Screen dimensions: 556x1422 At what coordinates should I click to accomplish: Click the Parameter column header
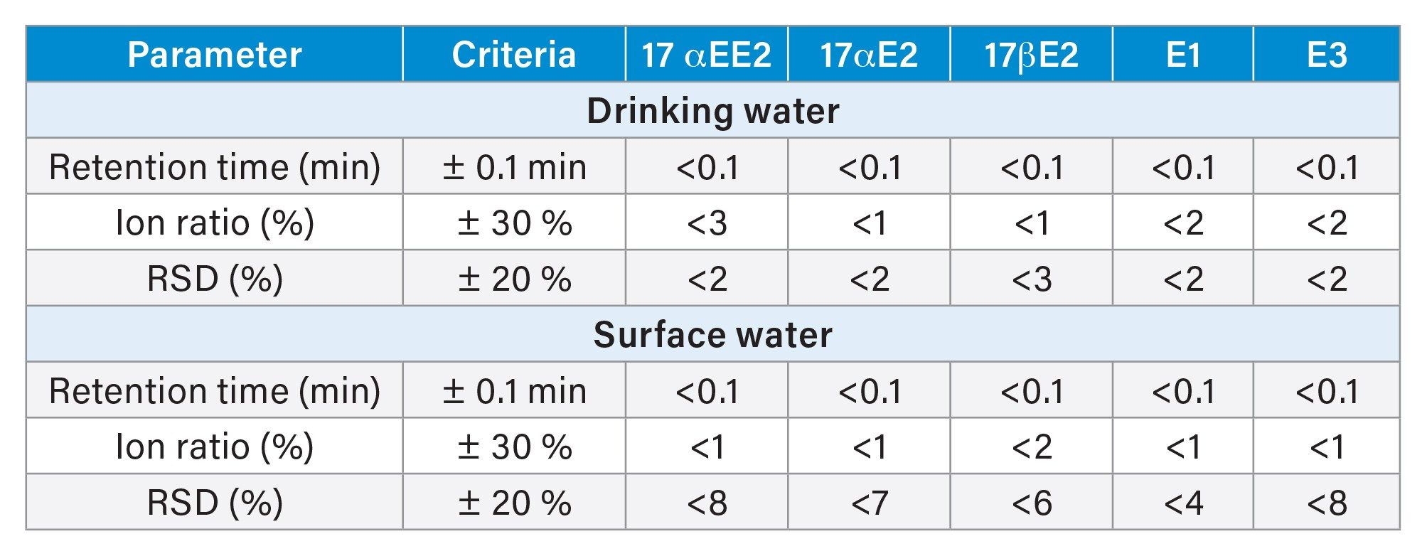click(x=214, y=55)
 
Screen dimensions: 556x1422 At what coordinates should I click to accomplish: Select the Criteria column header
click(x=513, y=55)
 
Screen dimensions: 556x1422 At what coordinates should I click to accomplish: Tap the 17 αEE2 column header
click(x=706, y=55)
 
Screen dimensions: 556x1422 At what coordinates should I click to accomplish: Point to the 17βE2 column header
click(x=1031, y=55)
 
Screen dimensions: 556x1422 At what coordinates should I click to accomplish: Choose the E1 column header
click(x=1183, y=55)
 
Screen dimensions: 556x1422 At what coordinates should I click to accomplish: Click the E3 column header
click(x=1327, y=55)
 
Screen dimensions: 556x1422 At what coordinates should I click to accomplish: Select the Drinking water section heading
click(x=712, y=111)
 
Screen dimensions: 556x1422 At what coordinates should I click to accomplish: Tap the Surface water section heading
click(x=712, y=335)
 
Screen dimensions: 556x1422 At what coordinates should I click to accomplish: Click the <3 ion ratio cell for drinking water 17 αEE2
click(x=707, y=223)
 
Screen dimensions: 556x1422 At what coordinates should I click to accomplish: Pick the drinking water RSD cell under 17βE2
click(x=1031, y=279)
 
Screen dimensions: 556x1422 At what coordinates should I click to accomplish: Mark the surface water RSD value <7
click(x=869, y=503)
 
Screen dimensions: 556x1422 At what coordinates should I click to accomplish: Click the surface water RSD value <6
click(x=1031, y=503)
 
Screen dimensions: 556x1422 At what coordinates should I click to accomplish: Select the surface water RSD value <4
click(x=1183, y=503)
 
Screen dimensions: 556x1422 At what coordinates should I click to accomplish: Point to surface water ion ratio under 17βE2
click(x=1031, y=447)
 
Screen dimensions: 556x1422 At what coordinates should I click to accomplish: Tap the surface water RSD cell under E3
click(x=1327, y=503)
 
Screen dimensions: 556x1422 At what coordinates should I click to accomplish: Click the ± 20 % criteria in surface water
click(x=514, y=503)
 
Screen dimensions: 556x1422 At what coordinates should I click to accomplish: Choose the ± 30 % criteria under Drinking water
click(x=514, y=223)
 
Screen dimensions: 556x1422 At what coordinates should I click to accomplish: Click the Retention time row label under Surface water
click(x=214, y=391)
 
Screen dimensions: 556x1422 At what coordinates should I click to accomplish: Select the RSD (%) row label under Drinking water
click(x=214, y=279)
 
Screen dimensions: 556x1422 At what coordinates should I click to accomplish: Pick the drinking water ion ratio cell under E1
click(x=1183, y=223)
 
